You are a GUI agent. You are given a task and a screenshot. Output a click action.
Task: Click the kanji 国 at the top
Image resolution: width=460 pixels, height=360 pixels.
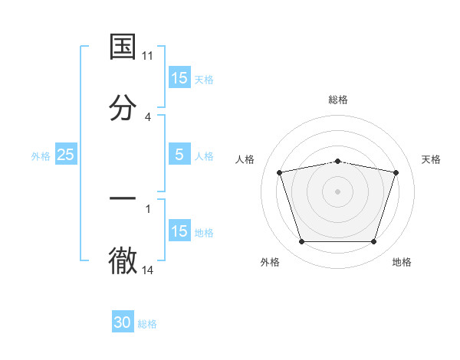pos(123,47)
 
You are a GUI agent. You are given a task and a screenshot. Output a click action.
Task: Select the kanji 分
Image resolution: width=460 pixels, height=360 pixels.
pos(123,108)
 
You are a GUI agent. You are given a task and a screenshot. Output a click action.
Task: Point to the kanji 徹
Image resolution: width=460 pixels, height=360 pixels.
pos(123,261)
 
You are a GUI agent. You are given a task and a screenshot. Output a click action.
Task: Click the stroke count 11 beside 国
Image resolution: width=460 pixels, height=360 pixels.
pos(148,56)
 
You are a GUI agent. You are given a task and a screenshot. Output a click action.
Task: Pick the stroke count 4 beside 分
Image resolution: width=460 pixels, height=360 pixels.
pos(148,116)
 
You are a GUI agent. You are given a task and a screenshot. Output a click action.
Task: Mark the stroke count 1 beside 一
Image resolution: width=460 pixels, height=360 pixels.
pos(148,208)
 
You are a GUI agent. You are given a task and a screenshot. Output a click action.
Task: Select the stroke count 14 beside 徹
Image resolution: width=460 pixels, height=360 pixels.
pos(148,270)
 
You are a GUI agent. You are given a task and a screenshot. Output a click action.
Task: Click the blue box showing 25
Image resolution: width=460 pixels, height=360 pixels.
pos(65,155)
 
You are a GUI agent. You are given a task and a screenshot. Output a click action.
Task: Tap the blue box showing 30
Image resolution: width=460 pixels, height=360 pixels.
pos(123,323)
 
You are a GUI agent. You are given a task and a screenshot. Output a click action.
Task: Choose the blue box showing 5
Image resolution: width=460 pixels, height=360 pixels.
pos(179,155)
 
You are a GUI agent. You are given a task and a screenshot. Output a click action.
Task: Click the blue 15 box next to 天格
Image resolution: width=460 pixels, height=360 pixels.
pos(179,78)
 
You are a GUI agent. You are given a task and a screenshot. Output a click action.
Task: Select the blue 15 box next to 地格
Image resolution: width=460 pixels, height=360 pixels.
pos(179,231)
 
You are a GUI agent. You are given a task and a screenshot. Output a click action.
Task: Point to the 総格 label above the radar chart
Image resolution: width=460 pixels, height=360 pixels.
pos(337,100)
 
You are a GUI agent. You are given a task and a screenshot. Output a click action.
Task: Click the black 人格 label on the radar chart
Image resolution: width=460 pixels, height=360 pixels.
pos(245,159)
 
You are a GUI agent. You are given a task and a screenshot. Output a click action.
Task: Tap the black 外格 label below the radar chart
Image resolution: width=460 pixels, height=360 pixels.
pos(270,262)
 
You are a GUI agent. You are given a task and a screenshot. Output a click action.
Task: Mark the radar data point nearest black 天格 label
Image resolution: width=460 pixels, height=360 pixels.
pos(396,172)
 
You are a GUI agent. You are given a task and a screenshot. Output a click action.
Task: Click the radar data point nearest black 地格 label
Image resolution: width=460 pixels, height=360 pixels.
pos(373,242)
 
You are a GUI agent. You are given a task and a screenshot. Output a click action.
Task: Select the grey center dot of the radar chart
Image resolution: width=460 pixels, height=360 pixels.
pos(337,191)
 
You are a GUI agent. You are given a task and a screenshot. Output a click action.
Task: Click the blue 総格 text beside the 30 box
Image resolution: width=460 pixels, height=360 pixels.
pos(147,324)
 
